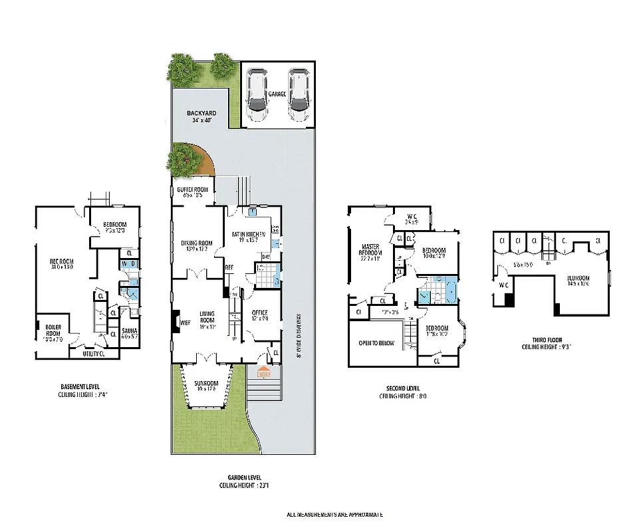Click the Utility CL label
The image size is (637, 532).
[93, 354]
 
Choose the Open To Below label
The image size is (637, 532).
[376, 343]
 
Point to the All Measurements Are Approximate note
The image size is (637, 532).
[334, 514]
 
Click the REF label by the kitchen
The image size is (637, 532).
[229, 269]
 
